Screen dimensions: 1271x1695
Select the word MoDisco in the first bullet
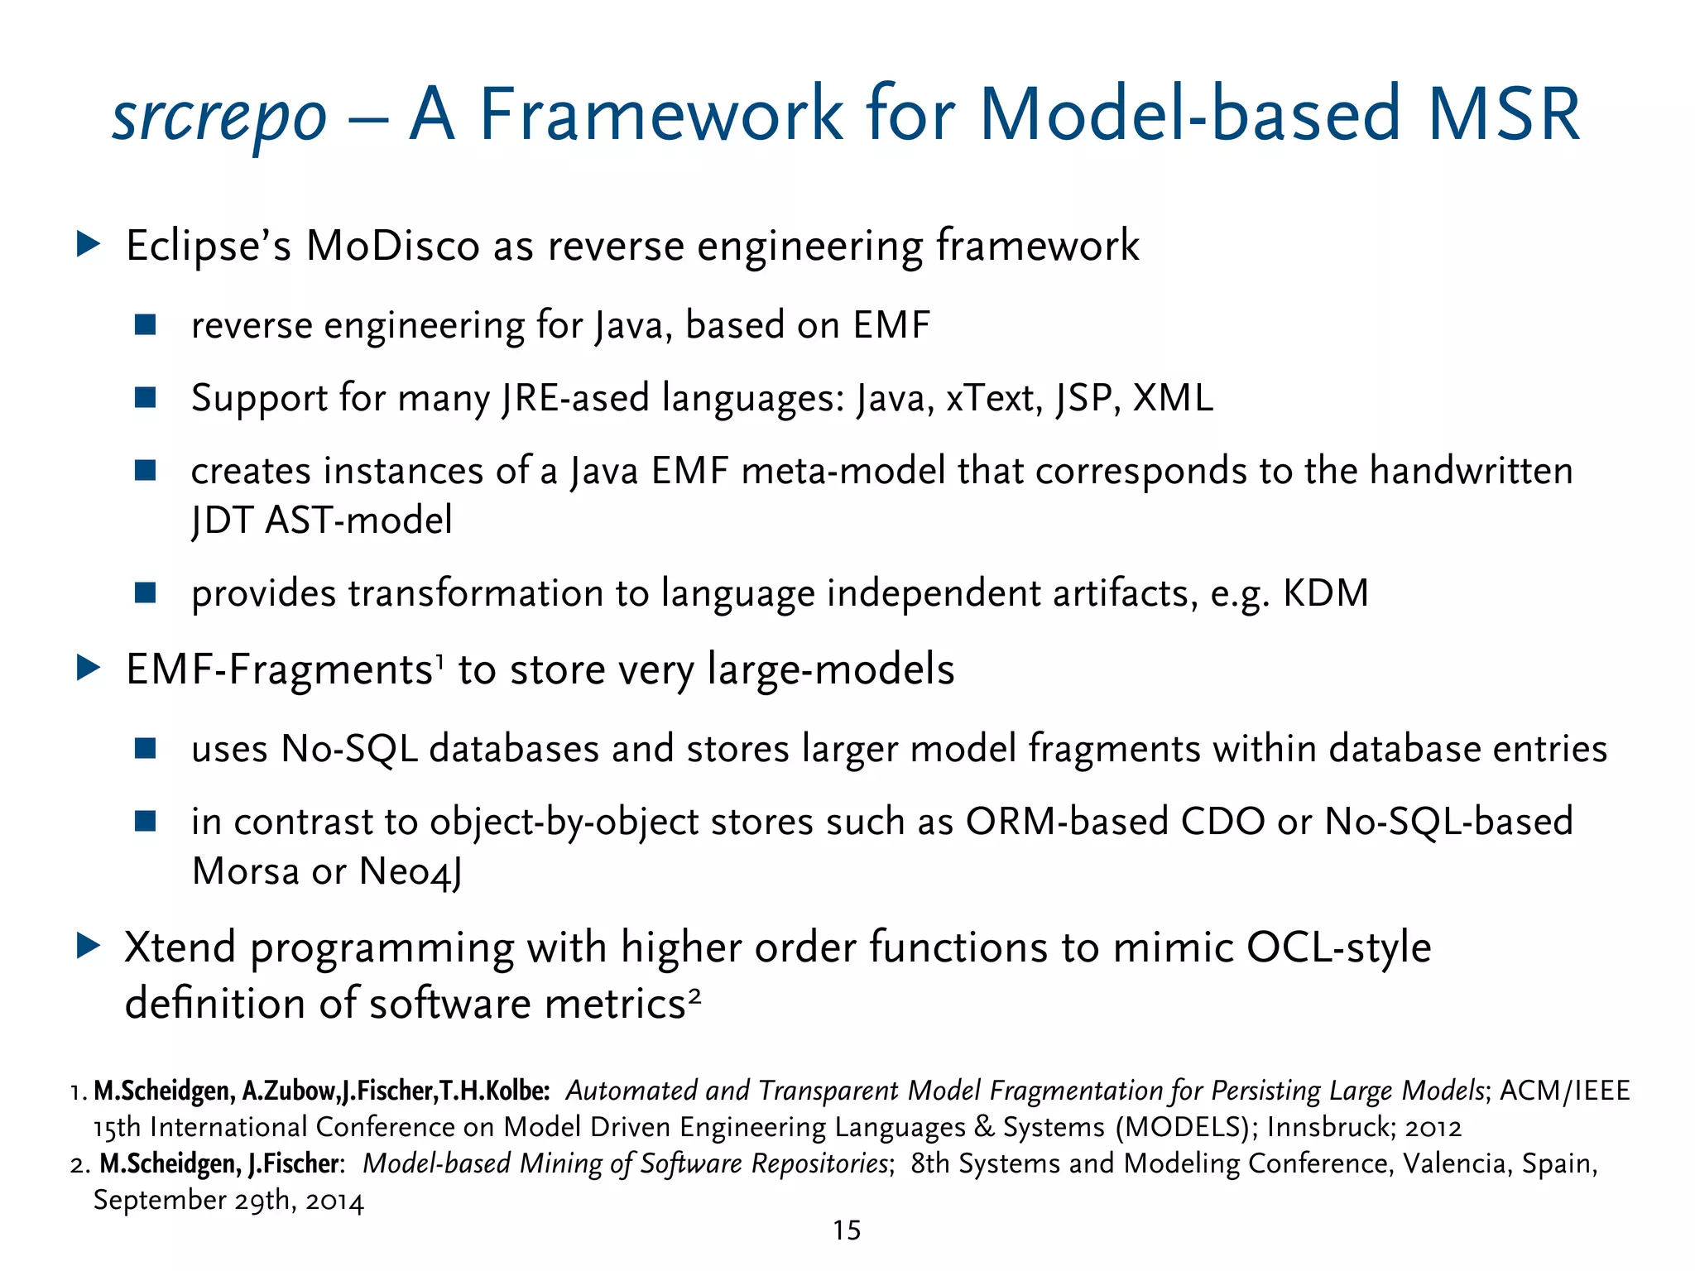point(392,246)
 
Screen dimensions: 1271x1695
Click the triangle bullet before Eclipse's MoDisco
point(88,244)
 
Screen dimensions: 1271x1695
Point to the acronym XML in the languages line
point(1173,398)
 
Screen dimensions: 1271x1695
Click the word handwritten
point(1471,471)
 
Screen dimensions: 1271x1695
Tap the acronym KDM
point(1326,593)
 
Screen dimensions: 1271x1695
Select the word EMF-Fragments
point(280,669)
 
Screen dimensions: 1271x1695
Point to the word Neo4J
point(411,872)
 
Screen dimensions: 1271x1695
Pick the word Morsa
point(245,871)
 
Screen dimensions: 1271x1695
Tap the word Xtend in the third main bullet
point(180,947)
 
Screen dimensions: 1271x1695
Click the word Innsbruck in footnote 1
point(1327,1128)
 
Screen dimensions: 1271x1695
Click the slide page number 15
point(847,1230)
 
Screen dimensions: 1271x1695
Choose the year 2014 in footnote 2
point(334,1201)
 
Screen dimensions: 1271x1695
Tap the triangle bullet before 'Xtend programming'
point(88,946)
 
